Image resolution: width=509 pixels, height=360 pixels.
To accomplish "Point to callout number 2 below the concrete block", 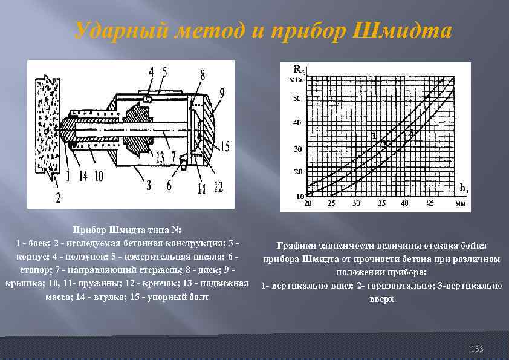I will (59, 197).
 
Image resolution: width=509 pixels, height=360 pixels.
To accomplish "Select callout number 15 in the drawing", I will (225, 146).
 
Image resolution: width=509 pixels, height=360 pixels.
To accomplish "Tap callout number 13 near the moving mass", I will (160, 157).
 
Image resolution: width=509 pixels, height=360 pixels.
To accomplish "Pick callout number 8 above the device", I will (202, 74).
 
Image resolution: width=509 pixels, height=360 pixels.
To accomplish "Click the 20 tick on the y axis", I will (297, 172).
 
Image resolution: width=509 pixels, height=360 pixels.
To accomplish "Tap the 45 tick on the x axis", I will (429, 203).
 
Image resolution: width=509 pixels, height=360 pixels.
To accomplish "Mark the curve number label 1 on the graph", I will (374, 135).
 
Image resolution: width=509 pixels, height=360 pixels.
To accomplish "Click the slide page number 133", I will (477, 349).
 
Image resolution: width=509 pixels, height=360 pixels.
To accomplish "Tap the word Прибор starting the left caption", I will (90, 230).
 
